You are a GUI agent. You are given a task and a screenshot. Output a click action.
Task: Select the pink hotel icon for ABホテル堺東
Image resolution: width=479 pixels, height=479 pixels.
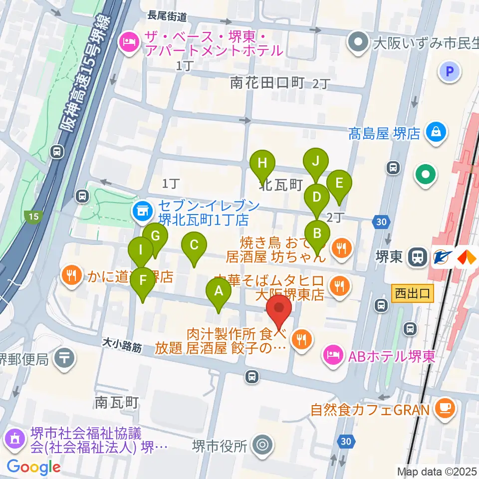coord(332,356)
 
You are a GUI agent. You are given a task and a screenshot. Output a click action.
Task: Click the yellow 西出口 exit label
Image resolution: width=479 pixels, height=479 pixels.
coord(412,293)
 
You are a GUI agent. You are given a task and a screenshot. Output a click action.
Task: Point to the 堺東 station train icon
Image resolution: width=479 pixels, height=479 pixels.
coord(416,257)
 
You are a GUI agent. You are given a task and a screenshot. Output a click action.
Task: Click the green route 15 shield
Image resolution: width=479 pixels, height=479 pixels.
coord(33,217)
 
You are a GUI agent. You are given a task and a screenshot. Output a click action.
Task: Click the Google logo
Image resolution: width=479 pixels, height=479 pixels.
coord(33,467)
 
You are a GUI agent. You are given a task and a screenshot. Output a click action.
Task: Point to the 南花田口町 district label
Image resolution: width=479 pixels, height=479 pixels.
coord(267,83)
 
